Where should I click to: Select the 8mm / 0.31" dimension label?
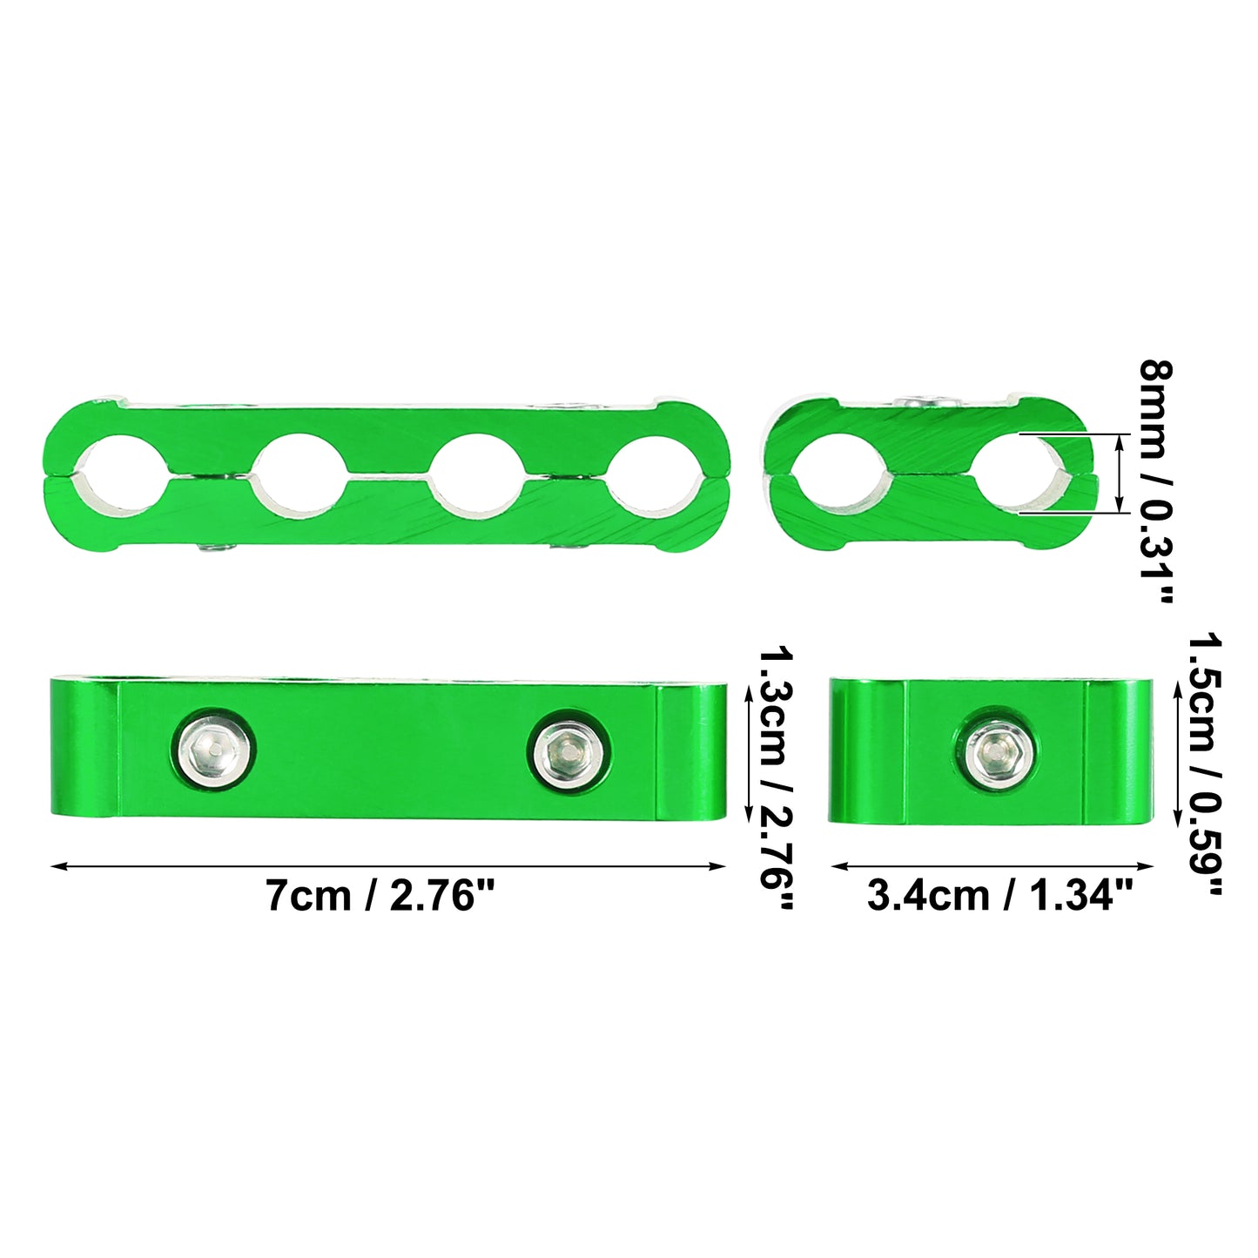(x=1156, y=482)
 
